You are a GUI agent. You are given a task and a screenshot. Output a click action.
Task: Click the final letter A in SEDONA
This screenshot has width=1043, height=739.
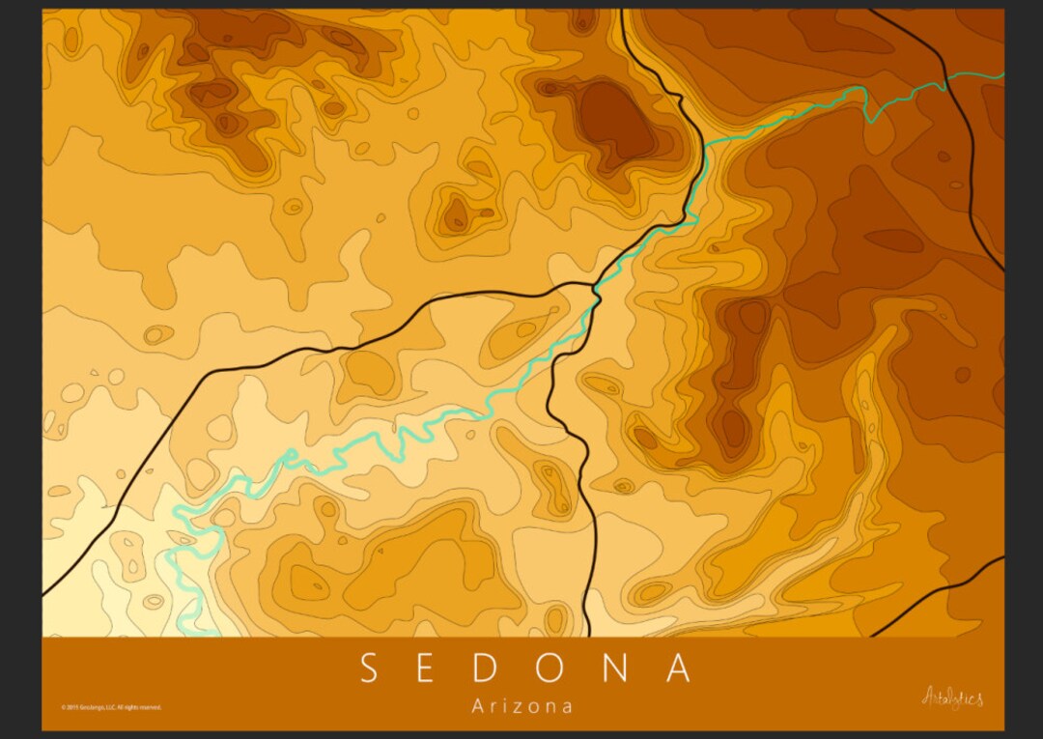[679, 668]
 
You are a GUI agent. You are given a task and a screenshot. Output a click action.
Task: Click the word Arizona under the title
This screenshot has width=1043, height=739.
[521, 706]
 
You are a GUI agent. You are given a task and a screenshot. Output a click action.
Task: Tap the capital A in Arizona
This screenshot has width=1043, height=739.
[477, 706]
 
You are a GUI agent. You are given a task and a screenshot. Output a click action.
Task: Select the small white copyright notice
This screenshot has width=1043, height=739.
[111, 707]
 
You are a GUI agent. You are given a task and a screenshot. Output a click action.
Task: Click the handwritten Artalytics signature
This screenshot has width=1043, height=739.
[952, 696]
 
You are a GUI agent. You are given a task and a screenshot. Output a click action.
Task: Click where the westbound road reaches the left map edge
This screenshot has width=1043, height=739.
[45, 592]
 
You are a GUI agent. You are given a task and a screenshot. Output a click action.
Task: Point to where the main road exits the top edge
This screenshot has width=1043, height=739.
[622, 13]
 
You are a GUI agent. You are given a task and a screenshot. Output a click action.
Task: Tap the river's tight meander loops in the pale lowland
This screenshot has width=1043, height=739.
[193, 541]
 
